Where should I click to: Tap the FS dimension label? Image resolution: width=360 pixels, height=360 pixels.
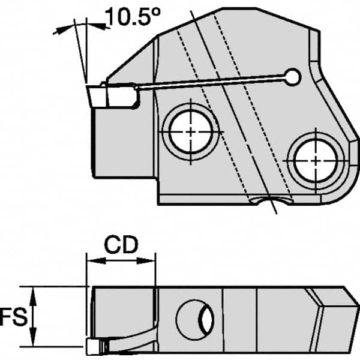click(13, 316)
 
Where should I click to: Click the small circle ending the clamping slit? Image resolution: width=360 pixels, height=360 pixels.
click(293, 76)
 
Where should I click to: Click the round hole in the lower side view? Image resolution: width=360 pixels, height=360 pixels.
click(197, 317)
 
